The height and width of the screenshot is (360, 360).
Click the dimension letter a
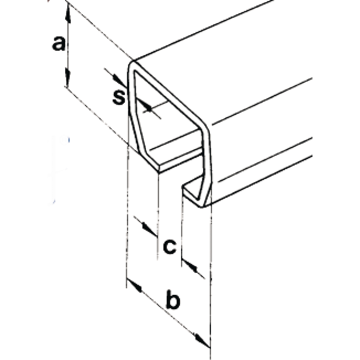tap(59, 44)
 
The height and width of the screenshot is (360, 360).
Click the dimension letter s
tap(119, 97)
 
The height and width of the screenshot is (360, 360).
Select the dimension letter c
tap(170, 247)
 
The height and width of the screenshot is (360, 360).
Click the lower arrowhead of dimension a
tap(68, 77)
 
